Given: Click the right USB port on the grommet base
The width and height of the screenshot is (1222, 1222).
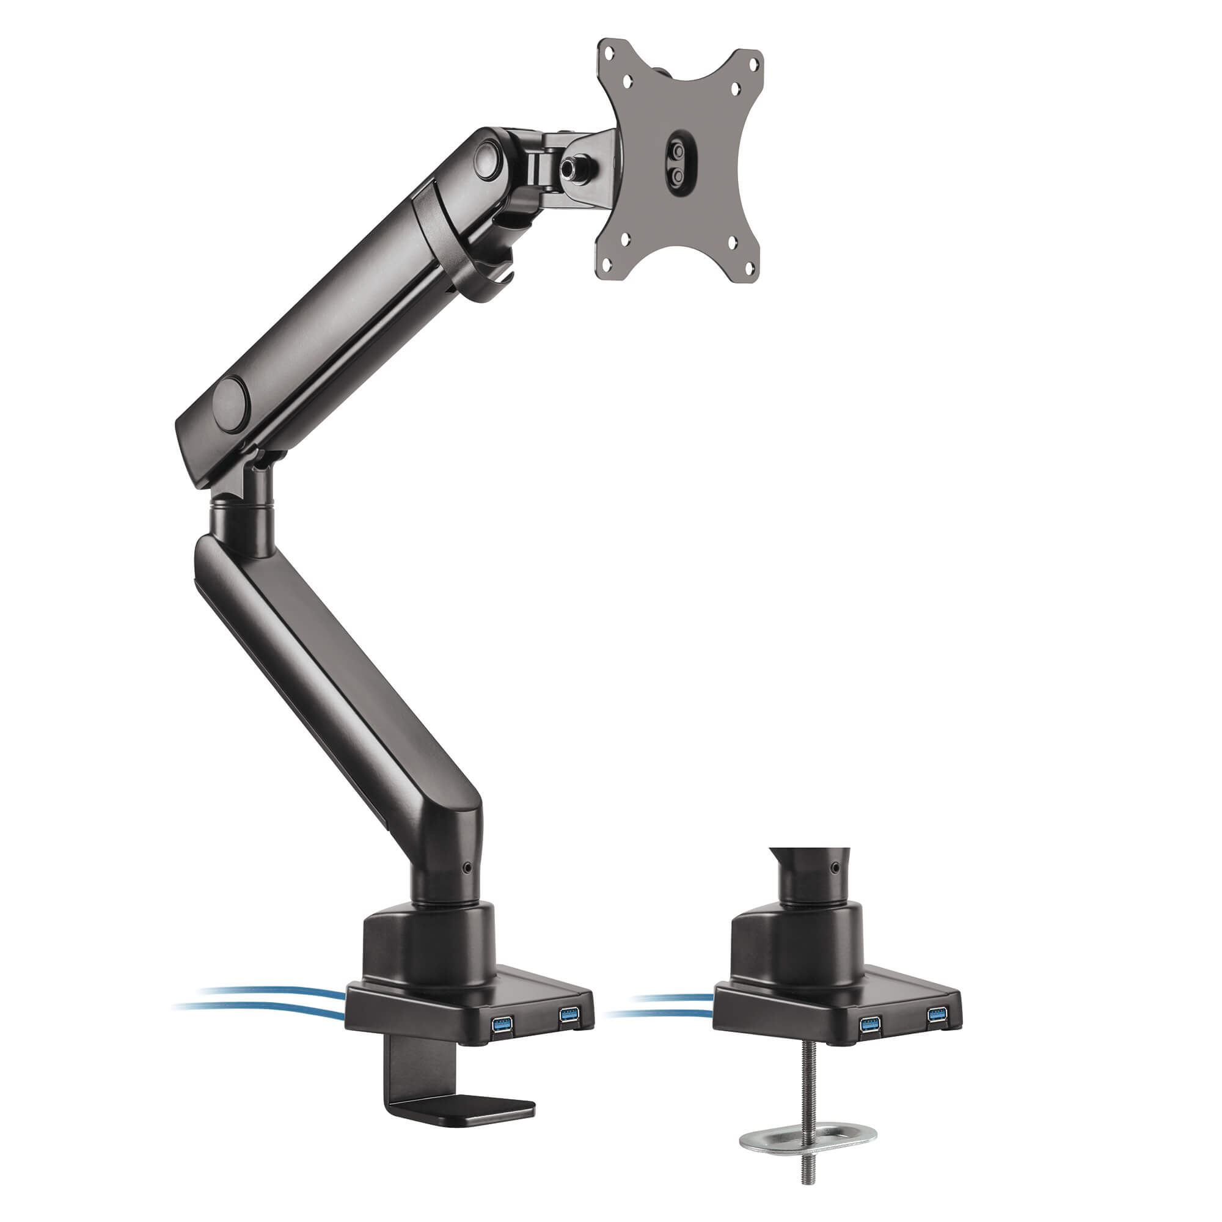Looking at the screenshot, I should [937, 1016].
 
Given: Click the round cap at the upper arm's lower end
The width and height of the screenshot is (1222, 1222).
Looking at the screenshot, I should [229, 404].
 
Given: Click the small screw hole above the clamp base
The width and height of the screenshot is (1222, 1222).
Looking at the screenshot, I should [467, 868].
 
